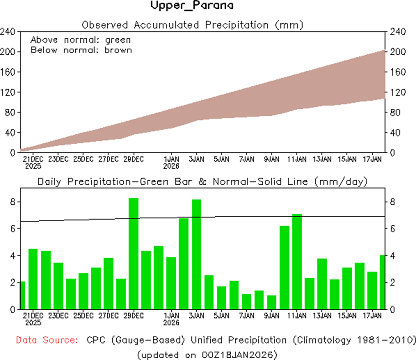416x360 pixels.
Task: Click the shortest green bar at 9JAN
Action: tap(272, 302)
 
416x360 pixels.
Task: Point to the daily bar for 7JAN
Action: tap(247, 301)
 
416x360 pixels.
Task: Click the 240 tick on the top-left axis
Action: tap(9, 32)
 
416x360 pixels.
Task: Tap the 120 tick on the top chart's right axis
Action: tap(397, 92)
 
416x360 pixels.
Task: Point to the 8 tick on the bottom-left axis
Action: tap(13, 202)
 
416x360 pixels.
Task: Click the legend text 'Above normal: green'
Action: tap(81, 40)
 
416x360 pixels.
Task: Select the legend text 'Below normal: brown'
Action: tap(81, 50)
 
